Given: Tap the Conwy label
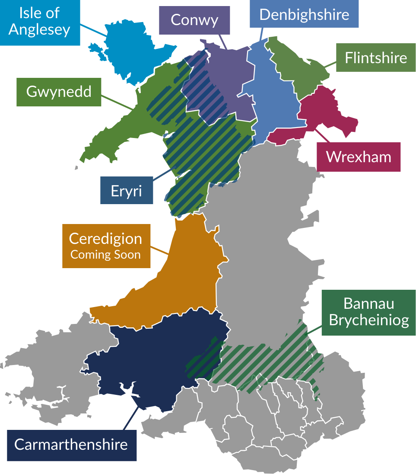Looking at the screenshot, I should click(194, 20).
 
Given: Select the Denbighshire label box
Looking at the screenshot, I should click(304, 14).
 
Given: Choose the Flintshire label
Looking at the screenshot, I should click(376, 58).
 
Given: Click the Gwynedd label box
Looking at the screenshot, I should click(59, 92).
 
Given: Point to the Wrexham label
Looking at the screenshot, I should click(358, 157).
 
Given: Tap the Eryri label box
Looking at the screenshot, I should click(126, 190).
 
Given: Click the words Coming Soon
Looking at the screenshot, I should click(105, 255).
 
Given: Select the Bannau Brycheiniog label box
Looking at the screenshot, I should click(368, 312).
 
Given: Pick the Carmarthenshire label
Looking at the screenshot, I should click(71, 445).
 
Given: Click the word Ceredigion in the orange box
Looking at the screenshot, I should click(105, 239).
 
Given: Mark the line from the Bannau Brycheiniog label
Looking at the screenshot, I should click(315, 329).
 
